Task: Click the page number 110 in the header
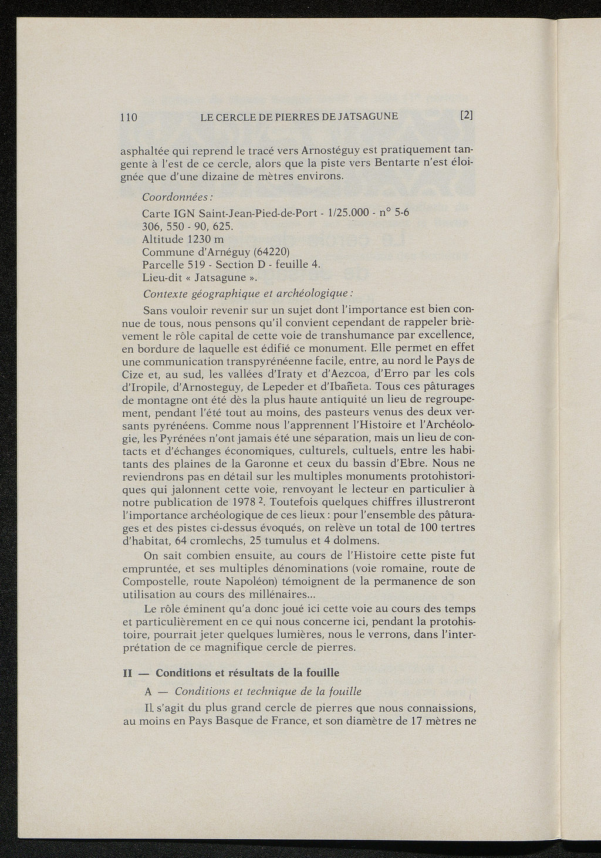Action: (129, 117)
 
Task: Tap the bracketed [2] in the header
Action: (467, 116)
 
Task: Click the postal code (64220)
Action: (267, 252)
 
